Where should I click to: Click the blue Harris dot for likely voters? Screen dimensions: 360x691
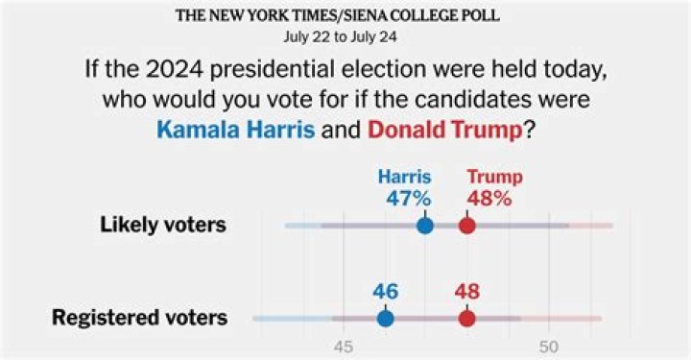[425, 226]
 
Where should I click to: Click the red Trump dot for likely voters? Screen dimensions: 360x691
[466, 226]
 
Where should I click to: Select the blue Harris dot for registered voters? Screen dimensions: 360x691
[385, 318]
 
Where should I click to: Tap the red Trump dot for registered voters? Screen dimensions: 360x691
[466, 318]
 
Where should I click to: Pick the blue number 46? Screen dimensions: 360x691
[385, 291]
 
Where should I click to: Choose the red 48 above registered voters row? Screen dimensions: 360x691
[466, 291]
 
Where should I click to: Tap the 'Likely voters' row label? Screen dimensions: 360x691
[163, 226]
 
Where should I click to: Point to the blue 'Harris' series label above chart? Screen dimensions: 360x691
[403, 177]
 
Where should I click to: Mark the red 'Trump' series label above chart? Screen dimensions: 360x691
[494, 177]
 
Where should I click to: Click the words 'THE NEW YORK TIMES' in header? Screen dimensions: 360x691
[252, 16]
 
